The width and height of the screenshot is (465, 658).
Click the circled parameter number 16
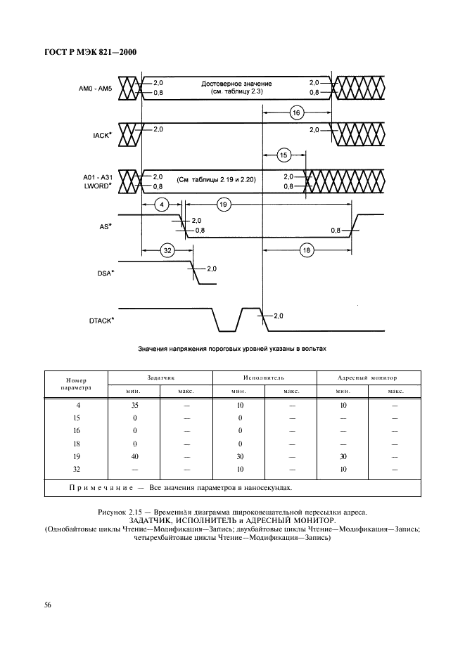[296, 112]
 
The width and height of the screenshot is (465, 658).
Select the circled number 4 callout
[161, 205]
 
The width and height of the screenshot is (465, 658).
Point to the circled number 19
[224, 205]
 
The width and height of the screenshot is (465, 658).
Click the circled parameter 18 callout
[306, 250]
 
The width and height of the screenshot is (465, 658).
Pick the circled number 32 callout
[167, 250]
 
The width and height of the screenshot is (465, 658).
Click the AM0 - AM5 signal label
[96, 88]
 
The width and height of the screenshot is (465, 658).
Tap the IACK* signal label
[102, 134]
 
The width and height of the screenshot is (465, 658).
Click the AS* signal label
[104, 226]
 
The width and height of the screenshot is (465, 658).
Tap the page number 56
[48, 604]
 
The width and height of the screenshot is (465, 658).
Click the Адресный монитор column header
[368, 377]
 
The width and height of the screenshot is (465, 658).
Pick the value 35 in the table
[134, 406]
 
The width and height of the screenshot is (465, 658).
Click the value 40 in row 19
[134, 456]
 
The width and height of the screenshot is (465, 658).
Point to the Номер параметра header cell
[75, 382]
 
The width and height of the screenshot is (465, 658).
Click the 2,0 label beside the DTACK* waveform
[278, 316]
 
